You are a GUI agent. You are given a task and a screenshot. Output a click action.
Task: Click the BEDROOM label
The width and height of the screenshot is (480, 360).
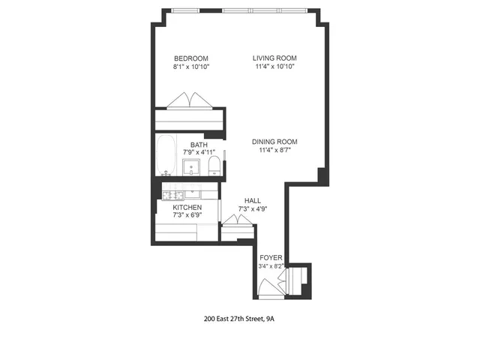[x=190, y=58]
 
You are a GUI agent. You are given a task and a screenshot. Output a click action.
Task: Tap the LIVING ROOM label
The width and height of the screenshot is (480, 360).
[x=274, y=58]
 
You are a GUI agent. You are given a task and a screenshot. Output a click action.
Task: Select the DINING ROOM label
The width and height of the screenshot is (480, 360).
[x=274, y=142]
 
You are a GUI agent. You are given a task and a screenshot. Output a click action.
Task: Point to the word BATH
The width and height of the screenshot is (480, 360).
[x=199, y=145]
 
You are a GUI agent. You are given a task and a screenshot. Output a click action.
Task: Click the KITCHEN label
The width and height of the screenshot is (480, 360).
[x=187, y=207]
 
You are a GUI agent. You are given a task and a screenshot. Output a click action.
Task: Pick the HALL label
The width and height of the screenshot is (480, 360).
[x=253, y=201]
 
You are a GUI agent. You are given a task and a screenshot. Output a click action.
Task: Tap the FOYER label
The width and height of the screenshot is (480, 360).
[x=271, y=256]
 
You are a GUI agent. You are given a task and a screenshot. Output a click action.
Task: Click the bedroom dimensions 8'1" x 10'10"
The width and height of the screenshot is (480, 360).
[x=190, y=67]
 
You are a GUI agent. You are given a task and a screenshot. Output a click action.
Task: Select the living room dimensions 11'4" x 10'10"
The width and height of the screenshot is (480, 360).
[x=274, y=67]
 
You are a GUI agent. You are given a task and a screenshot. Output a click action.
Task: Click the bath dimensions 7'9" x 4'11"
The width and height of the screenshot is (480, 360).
[x=199, y=153]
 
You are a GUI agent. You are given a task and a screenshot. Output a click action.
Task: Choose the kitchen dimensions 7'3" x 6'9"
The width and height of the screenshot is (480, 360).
[x=187, y=215]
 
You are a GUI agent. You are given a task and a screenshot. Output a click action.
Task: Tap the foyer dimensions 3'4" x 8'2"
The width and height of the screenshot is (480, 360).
[x=271, y=265]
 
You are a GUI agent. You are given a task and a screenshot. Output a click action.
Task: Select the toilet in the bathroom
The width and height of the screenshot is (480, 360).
[x=214, y=166]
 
